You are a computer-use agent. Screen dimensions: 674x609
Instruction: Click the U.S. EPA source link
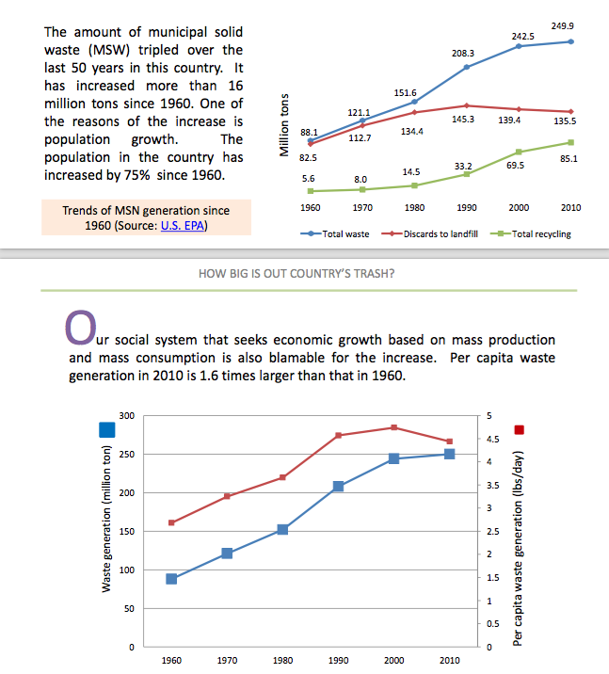point(185,226)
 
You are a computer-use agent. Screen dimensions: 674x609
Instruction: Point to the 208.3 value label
point(465,55)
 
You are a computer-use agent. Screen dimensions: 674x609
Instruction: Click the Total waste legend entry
point(338,233)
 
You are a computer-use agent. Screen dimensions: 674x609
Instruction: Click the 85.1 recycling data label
point(568,159)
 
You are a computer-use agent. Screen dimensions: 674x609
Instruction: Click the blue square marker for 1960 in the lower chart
point(171,578)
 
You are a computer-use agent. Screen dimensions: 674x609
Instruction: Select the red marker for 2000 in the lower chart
point(394,427)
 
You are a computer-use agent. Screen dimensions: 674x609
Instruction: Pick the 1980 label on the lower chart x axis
point(282,661)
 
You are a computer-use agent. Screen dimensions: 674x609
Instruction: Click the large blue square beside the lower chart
point(107,429)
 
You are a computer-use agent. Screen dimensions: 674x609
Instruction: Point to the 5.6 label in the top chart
point(308,177)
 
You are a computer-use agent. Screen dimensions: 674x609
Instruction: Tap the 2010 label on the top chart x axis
point(570,207)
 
